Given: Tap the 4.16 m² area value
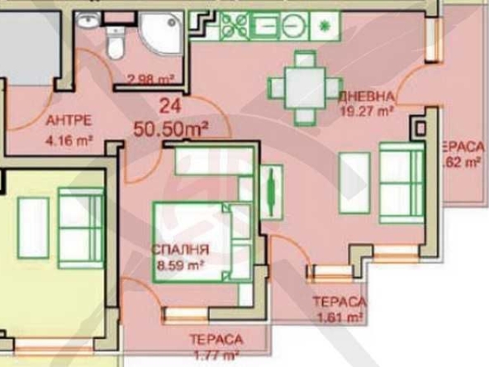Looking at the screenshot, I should coord(69,141).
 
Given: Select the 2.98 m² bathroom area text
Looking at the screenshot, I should coord(150,79).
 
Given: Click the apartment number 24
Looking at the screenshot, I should coord(170,105).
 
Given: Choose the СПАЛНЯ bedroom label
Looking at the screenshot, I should coord(180,249).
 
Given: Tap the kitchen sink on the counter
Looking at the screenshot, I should coord(266,24).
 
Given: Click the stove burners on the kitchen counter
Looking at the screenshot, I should coord(232,24).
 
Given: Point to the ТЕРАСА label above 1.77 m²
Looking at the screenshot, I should coord(216,340).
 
